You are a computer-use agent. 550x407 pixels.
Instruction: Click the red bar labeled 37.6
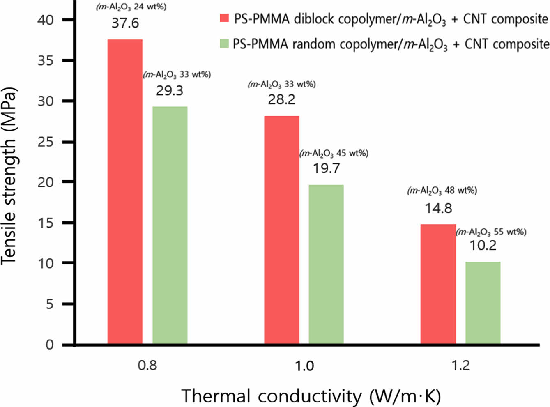125,191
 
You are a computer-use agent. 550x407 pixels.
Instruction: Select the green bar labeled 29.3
170,225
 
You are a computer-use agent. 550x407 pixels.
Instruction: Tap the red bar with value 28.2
282,230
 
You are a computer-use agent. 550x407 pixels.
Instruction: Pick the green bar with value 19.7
326,264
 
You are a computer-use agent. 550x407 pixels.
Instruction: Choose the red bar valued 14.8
438,284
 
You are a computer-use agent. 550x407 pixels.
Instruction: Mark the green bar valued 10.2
483,303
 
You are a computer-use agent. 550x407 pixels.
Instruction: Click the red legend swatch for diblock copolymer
224,18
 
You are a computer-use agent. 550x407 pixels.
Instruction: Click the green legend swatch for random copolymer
224,43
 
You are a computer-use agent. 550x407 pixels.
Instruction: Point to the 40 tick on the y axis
46,20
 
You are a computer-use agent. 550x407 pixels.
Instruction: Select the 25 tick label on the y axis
46,142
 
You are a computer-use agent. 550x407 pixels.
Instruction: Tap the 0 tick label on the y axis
50,344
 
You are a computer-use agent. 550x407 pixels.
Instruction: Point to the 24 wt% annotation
131,7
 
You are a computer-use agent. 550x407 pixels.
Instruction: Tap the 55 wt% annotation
491,232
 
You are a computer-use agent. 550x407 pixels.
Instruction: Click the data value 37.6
125,23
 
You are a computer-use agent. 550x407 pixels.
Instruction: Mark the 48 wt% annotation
442,191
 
